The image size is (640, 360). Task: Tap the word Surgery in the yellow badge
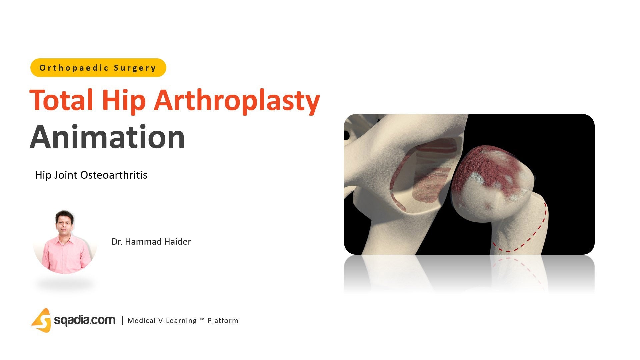tap(135, 68)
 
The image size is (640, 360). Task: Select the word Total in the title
tap(62, 100)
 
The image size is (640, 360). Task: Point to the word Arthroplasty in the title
tap(236, 100)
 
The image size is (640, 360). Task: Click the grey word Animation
tap(107, 137)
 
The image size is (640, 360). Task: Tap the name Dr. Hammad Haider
tap(151, 242)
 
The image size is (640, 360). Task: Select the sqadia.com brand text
tap(85, 320)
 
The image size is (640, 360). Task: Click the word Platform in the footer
tap(223, 321)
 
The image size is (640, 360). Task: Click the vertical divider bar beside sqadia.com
tap(122, 320)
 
